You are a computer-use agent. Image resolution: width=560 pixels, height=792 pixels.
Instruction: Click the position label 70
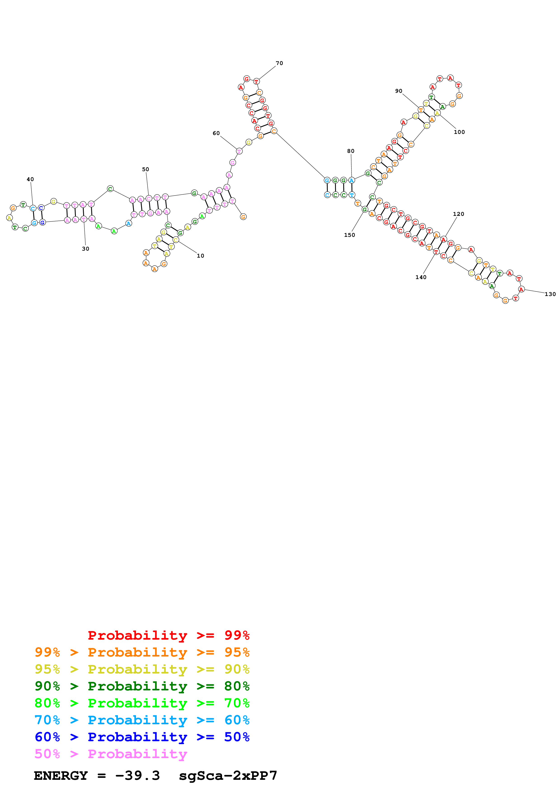point(279,63)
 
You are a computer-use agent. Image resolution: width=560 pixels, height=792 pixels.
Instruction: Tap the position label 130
point(550,294)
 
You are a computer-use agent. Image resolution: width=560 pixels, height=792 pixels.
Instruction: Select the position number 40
point(30,179)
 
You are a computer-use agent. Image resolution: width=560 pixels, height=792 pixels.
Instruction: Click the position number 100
point(459,132)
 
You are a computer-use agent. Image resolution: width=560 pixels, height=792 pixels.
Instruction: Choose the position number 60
point(216,133)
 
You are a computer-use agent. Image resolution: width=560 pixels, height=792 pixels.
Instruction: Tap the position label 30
point(86,249)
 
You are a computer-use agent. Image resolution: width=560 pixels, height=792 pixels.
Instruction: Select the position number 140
point(421,277)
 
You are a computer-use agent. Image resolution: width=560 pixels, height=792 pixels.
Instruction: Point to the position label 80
point(351,151)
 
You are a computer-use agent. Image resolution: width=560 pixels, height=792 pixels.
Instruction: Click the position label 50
point(146,169)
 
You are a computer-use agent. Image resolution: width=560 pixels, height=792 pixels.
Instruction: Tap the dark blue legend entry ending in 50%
point(142,737)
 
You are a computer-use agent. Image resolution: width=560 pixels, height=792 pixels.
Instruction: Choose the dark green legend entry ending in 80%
point(142,686)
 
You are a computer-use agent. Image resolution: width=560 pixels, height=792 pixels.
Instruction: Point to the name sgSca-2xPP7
point(228,776)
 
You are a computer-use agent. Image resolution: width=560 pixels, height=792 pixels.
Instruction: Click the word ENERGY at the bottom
point(61,776)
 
